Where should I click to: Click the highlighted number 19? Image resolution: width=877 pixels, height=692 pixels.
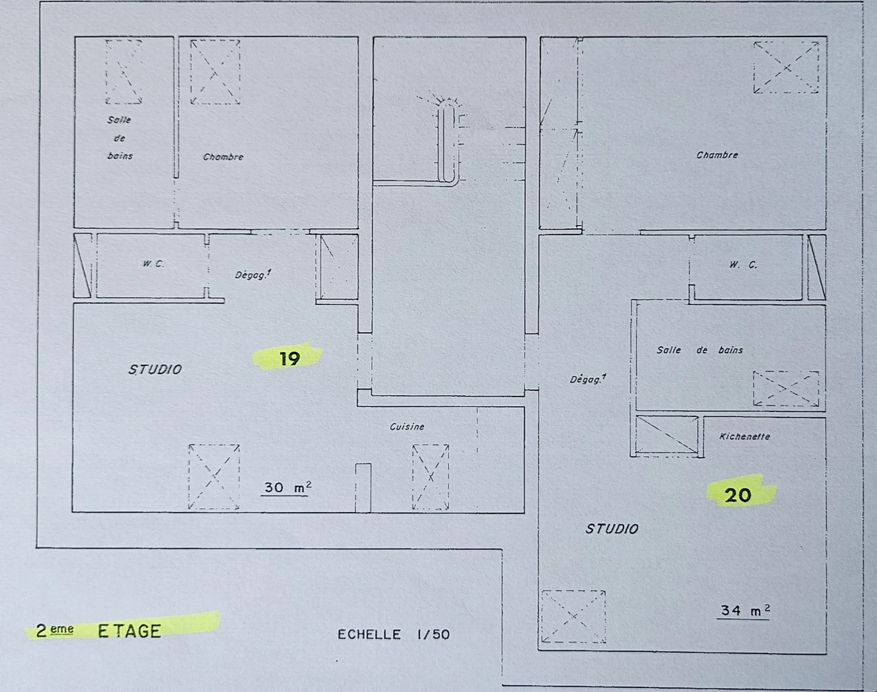click(290, 358)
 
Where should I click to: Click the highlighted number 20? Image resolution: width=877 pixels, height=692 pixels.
click(738, 495)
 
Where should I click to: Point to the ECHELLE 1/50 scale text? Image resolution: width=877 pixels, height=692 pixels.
click(393, 634)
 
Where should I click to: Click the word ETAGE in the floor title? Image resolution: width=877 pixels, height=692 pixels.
click(129, 631)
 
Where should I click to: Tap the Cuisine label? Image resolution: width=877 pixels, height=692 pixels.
click(407, 427)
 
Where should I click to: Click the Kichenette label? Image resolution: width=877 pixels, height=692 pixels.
click(744, 437)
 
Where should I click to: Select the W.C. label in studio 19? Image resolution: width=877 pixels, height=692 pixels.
click(153, 263)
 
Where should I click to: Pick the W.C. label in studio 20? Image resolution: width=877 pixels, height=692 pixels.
click(743, 265)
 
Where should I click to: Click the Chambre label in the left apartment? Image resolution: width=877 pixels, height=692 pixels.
click(223, 157)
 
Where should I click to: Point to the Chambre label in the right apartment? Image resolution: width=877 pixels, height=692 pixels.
click(717, 155)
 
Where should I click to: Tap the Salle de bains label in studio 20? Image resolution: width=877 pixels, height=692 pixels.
click(700, 350)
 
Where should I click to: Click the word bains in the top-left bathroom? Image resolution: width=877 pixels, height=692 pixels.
click(120, 156)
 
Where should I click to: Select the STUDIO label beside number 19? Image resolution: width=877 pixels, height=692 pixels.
click(155, 370)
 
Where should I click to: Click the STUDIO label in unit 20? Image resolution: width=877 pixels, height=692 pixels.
click(612, 529)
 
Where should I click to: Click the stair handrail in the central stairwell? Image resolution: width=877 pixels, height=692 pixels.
click(447, 144)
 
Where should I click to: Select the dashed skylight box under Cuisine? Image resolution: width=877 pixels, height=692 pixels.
click(430, 477)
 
